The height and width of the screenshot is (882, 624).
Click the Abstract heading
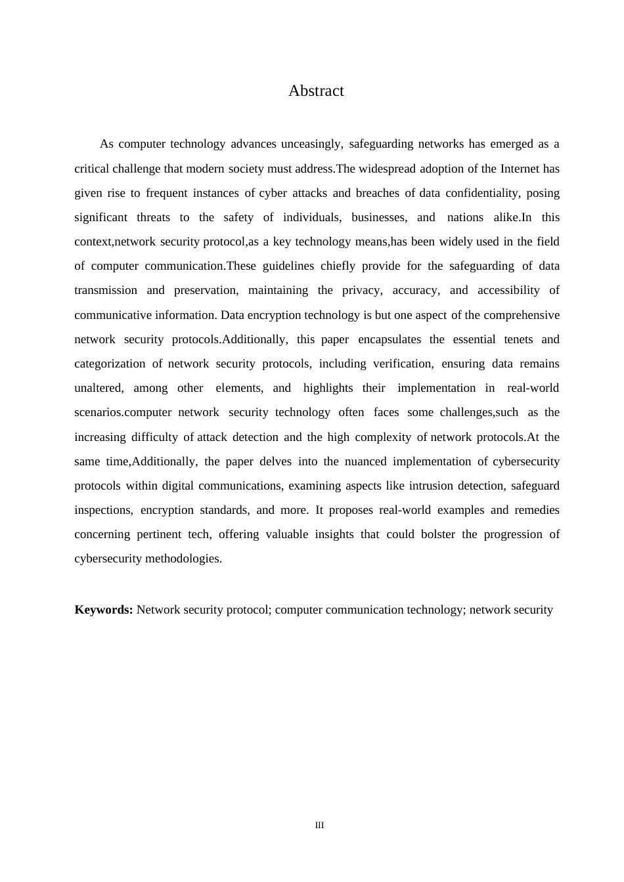tap(316, 91)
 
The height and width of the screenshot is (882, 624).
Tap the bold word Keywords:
tap(104, 610)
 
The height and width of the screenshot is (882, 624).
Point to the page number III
tap(319, 825)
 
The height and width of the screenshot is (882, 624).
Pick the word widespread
tap(386, 169)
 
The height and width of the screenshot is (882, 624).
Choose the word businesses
tap(379, 217)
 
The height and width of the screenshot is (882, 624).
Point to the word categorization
tap(110, 364)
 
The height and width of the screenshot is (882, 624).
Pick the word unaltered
tap(99, 388)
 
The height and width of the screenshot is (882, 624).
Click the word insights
tap(334, 534)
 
